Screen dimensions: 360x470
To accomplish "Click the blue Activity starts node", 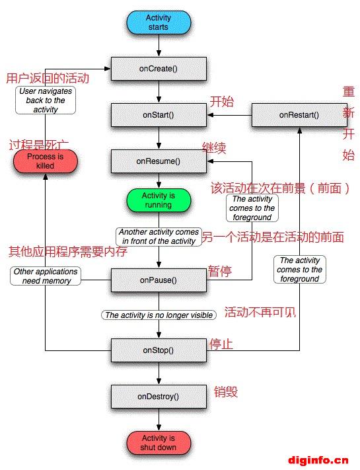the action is coord(159,22).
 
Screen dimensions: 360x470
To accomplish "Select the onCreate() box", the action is coord(159,69).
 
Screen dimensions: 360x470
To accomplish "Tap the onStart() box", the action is coord(159,115).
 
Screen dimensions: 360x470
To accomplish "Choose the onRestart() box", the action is coord(299,115).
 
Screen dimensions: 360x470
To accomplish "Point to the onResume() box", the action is coord(159,161).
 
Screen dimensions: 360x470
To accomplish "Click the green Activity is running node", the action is coord(159,200).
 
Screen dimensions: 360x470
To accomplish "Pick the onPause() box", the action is coord(159,280).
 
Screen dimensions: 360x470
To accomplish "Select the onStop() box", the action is coord(159,350).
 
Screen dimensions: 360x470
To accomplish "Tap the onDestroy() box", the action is coord(159,397).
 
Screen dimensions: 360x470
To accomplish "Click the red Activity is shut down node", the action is coord(159,443).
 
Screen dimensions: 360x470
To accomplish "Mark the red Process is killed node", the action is coord(45,161).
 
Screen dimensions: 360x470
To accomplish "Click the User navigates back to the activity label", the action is coord(46,100).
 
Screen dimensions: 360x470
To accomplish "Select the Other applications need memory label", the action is coord(46,276).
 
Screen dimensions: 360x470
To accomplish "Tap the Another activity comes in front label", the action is coord(159,237).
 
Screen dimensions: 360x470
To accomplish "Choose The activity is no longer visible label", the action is coord(159,315).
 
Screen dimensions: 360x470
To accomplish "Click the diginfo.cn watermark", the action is coord(318,460).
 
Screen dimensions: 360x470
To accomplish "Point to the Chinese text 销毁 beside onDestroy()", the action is coord(226,392).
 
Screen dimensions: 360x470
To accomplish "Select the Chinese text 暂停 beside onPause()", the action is coord(220,271).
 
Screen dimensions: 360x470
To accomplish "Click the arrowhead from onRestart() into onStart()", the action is coord(210,115).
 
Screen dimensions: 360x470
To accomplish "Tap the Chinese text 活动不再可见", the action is coord(260,312).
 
